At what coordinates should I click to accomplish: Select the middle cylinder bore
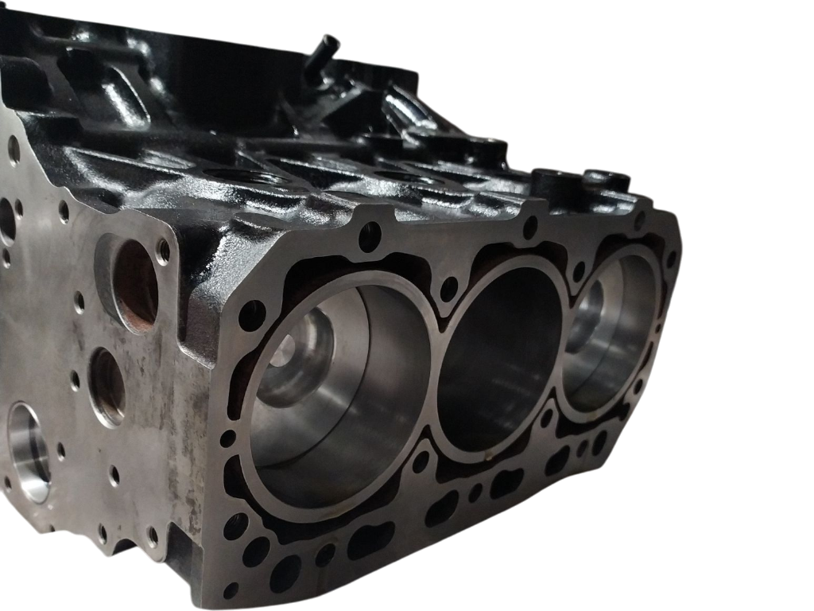click(x=501, y=358)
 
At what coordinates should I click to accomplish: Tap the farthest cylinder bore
click(x=612, y=334)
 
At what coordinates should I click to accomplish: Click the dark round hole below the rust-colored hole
click(x=107, y=385)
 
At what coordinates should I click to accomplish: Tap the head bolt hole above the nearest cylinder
click(x=370, y=235)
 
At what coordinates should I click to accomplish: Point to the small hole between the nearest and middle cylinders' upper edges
click(x=449, y=288)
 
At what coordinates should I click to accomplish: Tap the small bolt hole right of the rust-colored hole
click(x=164, y=251)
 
